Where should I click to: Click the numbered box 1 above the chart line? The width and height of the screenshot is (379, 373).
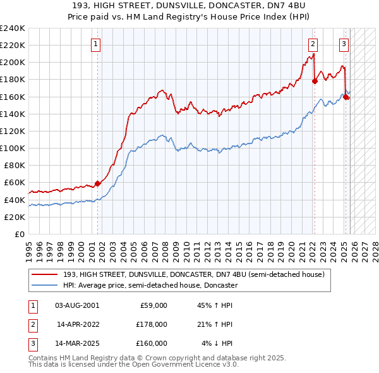click(95, 44)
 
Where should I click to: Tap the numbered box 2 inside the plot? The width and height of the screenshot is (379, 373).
click(313, 44)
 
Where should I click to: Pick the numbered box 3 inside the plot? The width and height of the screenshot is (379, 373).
click(344, 44)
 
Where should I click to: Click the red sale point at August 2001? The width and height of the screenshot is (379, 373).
click(97, 183)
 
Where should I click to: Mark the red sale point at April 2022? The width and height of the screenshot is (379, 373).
click(315, 81)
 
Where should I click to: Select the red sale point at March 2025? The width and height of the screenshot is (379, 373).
click(346, 96)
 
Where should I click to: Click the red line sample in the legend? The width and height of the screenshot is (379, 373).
click(45, 275)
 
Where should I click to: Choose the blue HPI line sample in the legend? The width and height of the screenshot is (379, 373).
click(45, 285)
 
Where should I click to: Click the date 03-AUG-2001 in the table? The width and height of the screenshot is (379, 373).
click(76, 305)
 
